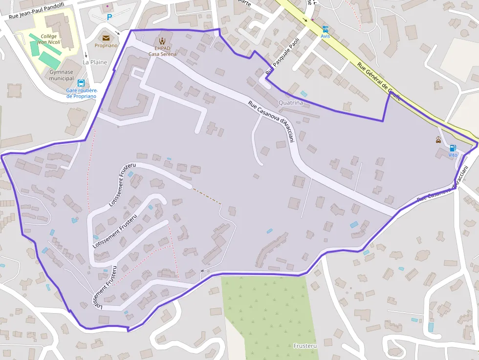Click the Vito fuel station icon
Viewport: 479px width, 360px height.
point(453,148)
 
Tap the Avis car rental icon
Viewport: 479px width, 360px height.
point(325,29)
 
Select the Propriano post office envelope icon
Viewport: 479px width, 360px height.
point(106,38)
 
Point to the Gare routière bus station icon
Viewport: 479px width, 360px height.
point(81,83)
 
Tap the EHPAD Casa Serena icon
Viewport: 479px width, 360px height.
point(162,41)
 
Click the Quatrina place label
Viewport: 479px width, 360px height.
point(291,103)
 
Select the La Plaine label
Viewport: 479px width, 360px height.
point(95,62)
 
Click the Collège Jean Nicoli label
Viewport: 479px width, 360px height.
point(49,39)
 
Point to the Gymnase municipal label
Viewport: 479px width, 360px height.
point(62,75)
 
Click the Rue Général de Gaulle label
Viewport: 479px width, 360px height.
point(379,81)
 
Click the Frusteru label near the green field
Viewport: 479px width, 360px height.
point(305,346)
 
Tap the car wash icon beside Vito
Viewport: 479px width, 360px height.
point(438,140)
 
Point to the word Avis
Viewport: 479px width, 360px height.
point(325,36)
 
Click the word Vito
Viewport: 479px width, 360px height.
point(453,155)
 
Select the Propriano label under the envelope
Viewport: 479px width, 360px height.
point(106,45)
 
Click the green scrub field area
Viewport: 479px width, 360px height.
point(269,313)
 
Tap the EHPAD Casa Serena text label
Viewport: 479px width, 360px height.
point(162,51)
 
